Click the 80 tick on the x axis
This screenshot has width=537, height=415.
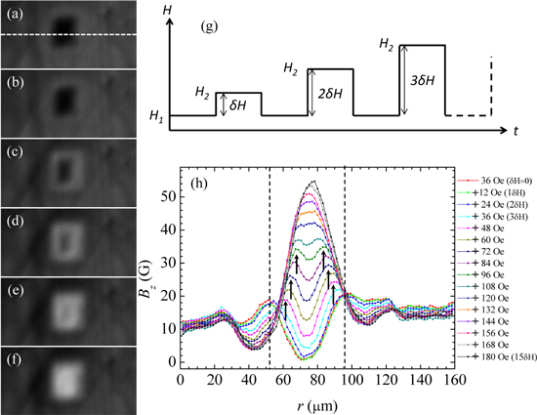(x=318, y=376)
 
